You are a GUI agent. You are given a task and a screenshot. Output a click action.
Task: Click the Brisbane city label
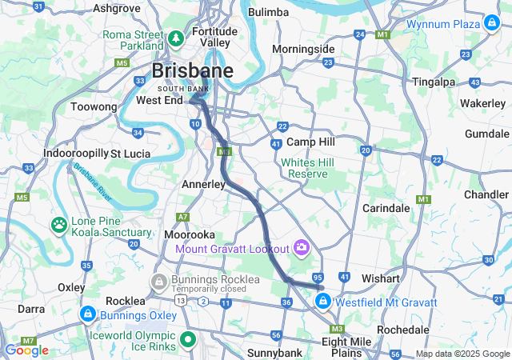[193, 70]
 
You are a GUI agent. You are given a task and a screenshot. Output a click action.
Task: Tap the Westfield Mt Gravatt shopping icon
[323, 302]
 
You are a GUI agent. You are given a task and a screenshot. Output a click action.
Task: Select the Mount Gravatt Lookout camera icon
[302, 246]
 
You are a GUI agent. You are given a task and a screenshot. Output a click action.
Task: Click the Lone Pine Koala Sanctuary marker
[60, 225]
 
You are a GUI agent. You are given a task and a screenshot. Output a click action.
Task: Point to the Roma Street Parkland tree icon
[176, 38]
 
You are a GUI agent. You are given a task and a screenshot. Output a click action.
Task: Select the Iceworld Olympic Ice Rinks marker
[188, 339]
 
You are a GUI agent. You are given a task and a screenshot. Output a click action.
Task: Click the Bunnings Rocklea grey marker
[160, 282]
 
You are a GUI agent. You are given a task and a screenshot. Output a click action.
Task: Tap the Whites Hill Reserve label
[304, 168]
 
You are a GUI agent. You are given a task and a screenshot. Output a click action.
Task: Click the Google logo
[26, 350]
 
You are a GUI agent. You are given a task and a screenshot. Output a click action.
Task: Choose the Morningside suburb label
[303, 49]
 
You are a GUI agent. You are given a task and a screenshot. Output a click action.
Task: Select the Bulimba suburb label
[268, 12]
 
